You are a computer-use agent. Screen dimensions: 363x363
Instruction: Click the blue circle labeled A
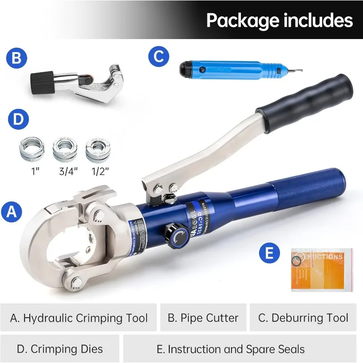point(12,212)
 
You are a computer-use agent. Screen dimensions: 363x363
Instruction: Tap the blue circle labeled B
point(17,59)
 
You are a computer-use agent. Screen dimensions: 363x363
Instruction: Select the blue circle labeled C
point(158,56)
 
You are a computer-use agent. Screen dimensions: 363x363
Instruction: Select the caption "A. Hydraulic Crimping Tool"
point(79,318)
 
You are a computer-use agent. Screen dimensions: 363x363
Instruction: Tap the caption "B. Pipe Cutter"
point(203,318)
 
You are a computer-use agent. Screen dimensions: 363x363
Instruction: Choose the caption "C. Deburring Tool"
point(303,318)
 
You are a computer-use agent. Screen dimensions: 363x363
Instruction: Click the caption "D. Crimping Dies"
point(59,349)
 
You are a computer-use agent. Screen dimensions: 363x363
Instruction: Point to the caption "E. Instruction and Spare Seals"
point(230,349)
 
